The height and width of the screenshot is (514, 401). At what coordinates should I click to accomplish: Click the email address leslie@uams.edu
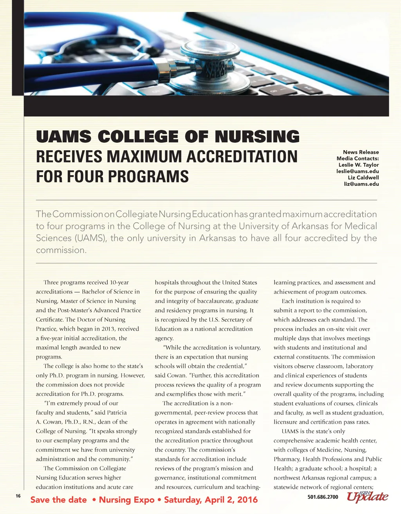(358, 171)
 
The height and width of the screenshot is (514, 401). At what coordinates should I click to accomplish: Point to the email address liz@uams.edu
(361, 184)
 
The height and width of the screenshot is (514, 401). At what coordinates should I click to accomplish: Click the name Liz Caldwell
(363, 178)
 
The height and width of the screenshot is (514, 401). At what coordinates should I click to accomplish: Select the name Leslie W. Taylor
(358, 165)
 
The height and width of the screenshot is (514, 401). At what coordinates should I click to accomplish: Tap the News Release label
(361, 152)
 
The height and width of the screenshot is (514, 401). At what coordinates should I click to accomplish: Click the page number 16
(18, 496)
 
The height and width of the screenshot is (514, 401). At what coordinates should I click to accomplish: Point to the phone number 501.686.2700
(323, 497)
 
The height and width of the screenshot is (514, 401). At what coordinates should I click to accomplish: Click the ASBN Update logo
(367, 496)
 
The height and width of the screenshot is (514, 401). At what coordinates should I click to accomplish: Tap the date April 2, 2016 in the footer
(234, 500)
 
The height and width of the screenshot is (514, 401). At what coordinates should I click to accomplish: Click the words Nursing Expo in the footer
(126, 500)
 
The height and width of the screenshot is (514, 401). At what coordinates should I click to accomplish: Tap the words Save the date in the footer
(58, 500)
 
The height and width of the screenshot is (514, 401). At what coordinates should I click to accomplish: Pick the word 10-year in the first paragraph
(119, 282)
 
